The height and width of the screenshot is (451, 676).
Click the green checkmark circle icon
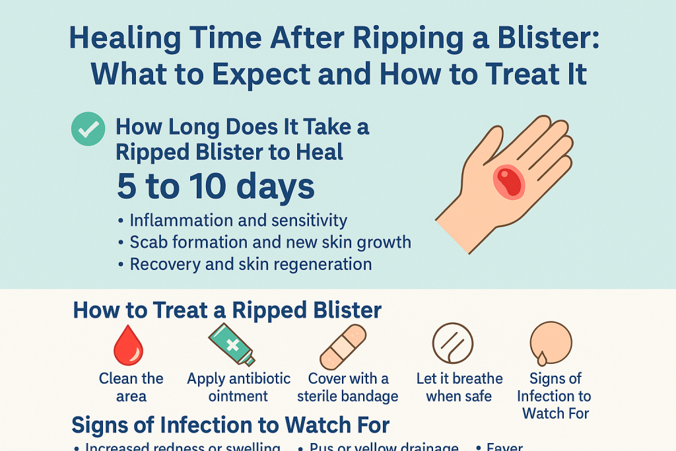point(88,129)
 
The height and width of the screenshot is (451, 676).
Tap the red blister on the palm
point(509,181)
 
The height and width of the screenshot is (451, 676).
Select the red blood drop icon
point(128,346)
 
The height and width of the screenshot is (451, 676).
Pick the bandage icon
point(342,347)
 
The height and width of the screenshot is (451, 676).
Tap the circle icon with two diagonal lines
point(453,343)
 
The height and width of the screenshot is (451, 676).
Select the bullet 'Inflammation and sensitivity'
point(238,221)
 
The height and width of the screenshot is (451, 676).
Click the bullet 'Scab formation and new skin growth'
point(270,242)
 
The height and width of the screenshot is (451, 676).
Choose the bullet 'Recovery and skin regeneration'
point(250,264)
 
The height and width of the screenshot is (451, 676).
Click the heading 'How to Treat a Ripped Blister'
point(227,310)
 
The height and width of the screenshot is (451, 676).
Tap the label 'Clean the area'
point(131,388)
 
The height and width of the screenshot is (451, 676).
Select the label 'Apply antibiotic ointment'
point(238,388)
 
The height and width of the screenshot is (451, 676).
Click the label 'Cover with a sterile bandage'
point(348,388)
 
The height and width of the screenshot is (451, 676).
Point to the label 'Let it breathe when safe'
point(459,388)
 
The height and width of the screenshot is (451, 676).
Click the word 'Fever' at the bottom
point(504,447)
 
